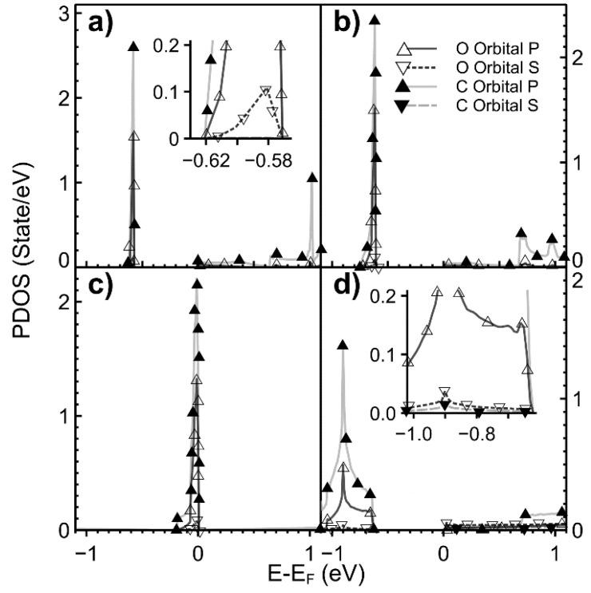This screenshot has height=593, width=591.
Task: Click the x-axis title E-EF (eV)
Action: (317, 574)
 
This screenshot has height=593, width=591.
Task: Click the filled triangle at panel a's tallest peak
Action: (133, 47)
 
